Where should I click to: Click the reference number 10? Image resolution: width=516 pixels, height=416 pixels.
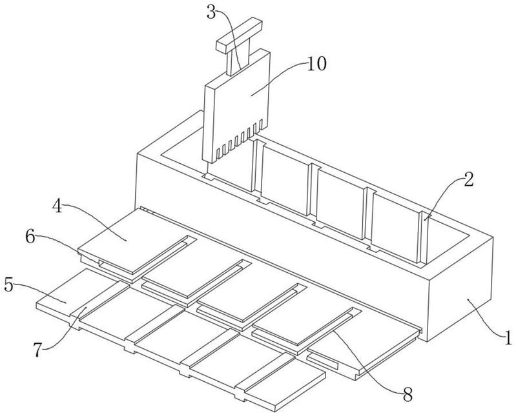pyautogui.click(x=316, y=64)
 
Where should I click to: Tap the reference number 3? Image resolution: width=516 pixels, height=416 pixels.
pyautogui.click(x=211, y=12)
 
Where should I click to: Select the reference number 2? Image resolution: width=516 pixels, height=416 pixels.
pyautogui.click(x=468, y=179)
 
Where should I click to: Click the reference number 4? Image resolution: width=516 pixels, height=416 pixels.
pyautogui.click(x=57, y=206)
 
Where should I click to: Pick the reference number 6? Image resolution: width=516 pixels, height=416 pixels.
pyautogui.click(x=30, y=237)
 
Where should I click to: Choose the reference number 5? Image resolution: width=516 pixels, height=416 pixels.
pyautogui.click(x=8, y=284)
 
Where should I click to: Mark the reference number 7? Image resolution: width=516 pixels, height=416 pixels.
pyautogui.click(x=38, y=350)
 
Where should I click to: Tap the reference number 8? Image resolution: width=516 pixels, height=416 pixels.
pyautogui.click(x=408, y=394)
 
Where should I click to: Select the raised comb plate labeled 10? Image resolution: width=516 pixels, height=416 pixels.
pyautogui.click(x=237, y=105)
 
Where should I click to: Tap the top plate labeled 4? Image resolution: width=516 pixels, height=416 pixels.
pyautogui.click(x=136, y=242)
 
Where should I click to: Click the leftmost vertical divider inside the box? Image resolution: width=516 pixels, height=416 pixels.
pyautogui.click(x=257, y=166)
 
